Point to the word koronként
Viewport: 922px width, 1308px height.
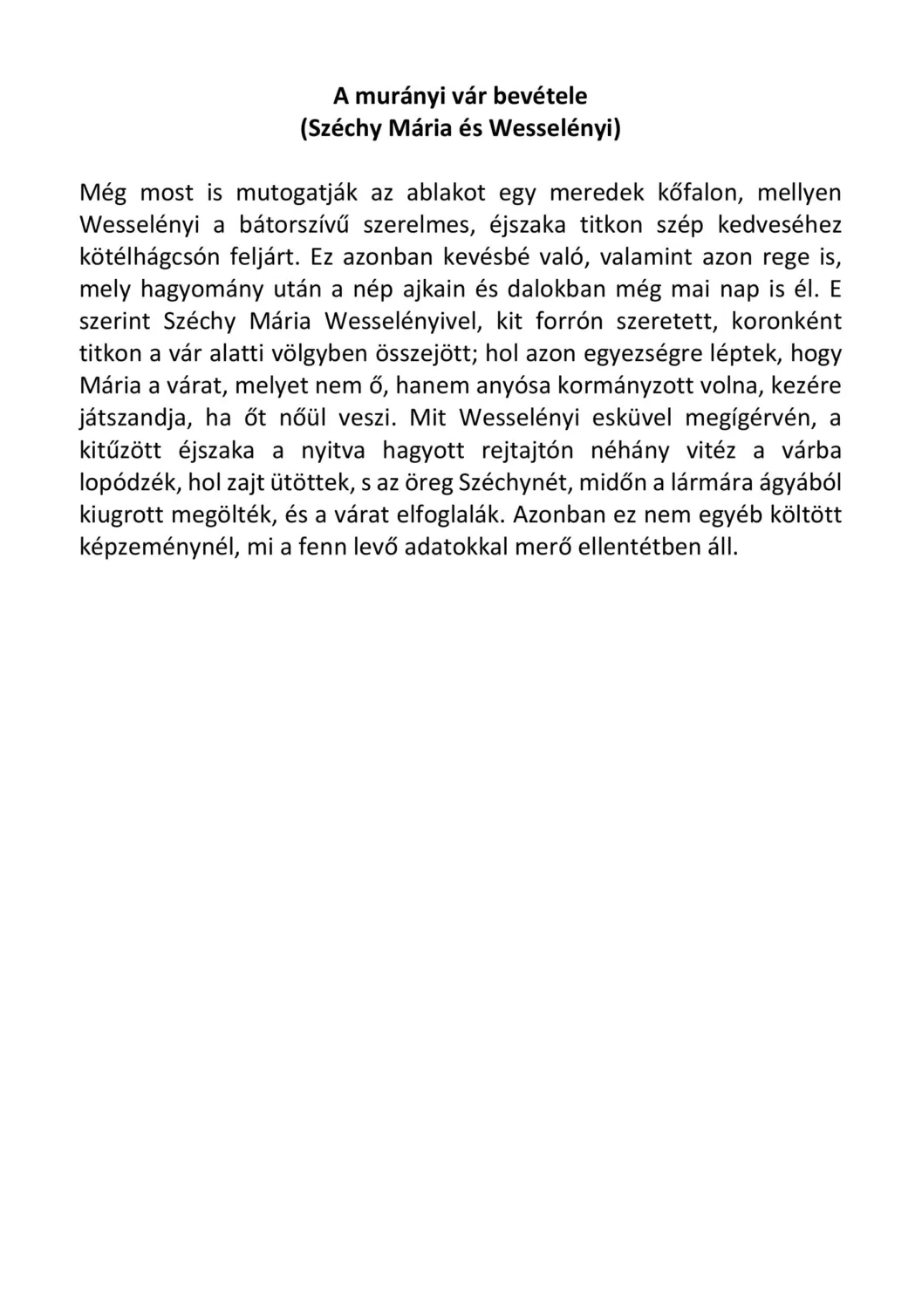tap(786, 321)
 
